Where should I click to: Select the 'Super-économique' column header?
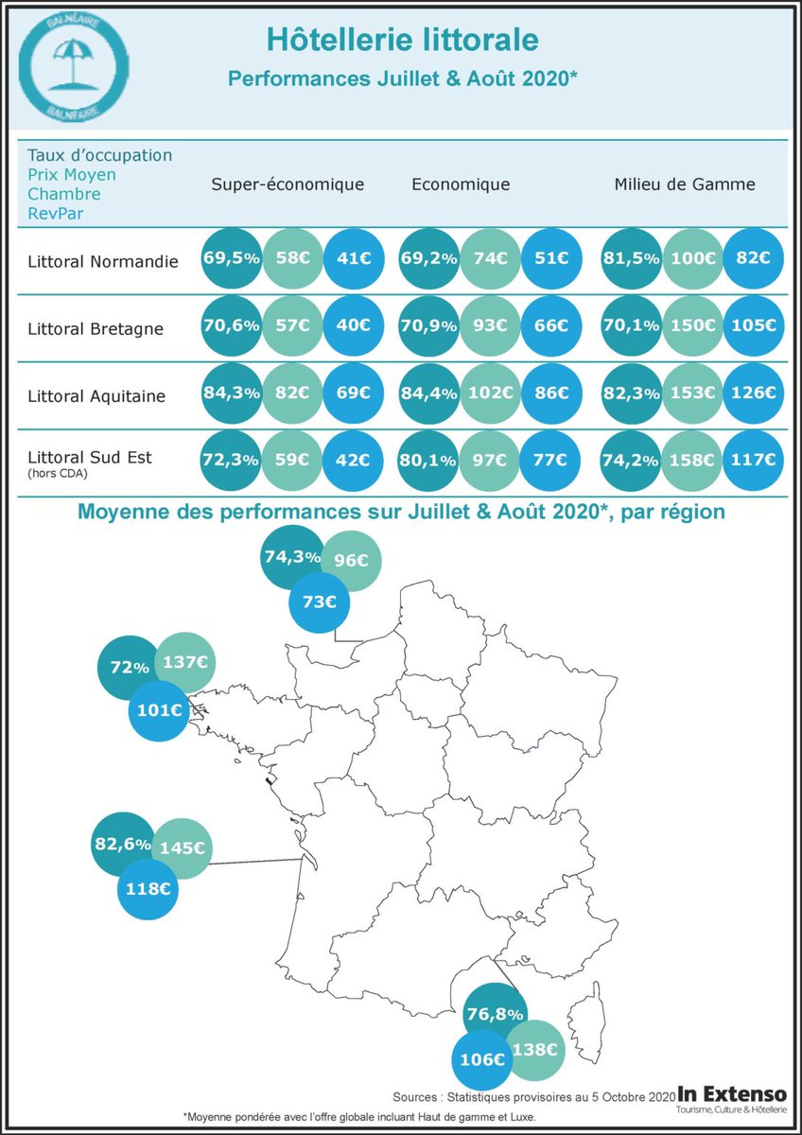pos(288,184)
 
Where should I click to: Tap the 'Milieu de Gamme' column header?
pos(685,184)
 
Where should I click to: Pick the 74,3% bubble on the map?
pos(291,557)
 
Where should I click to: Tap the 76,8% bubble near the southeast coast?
pos(495,1014)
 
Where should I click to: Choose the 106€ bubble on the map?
pos(481,1059)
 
